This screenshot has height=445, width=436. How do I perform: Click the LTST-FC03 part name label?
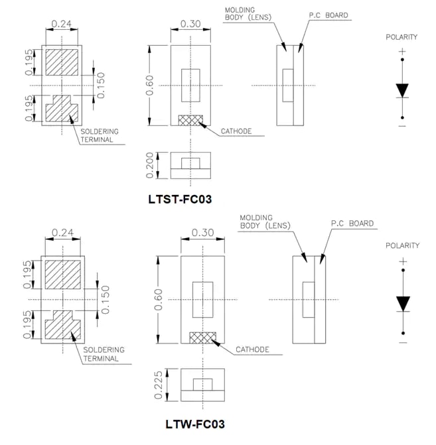(x=181, y=198)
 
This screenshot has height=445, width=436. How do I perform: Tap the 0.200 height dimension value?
(x=151, y=165)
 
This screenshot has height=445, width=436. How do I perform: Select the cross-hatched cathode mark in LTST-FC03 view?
(x=190, y=119)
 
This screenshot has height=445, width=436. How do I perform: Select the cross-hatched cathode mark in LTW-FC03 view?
(x=202, y=338)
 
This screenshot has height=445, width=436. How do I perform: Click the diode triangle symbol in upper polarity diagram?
(x=402, y=90)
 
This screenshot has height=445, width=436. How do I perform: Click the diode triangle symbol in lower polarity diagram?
(x=402, y=303)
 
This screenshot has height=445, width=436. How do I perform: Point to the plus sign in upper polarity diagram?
(x=402, y=51)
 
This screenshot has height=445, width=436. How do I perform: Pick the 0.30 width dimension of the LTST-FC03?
(x=190, y=25)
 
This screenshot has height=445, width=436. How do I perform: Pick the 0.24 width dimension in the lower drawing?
(x=61, y=233)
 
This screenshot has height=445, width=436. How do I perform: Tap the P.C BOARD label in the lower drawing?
(x=352, y=223)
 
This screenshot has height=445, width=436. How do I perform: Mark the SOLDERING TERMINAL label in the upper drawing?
(x=99, y=136)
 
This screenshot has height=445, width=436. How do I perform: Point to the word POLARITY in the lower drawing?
(x=402, y=245)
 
